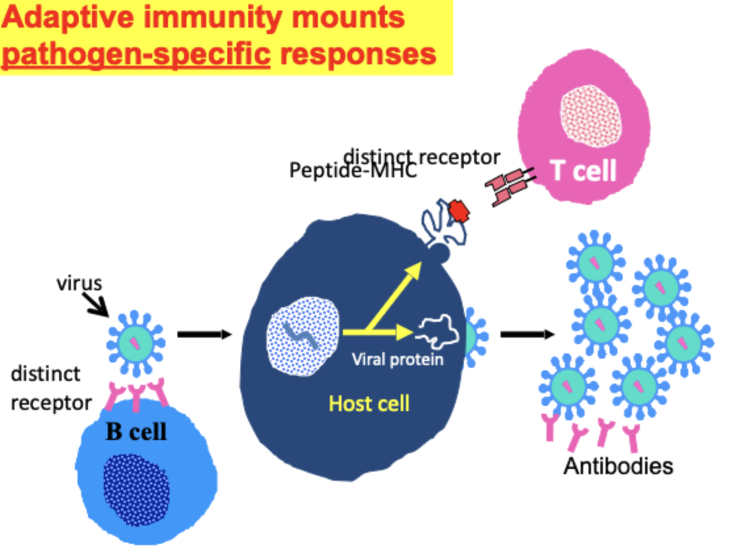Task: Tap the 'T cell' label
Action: pyautogui.click(x=583, y=171)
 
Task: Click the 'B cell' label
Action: pyautogui.click(x=137, y=431)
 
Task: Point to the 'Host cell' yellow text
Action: pyautogui.click(x=368, y=402)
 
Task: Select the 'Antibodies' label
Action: pyautogui.click(x=618, y=466)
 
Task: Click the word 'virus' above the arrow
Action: pyautogui.click(x=79, y=283)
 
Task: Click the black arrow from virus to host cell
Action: pyautogui.click(x=204, y=335)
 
